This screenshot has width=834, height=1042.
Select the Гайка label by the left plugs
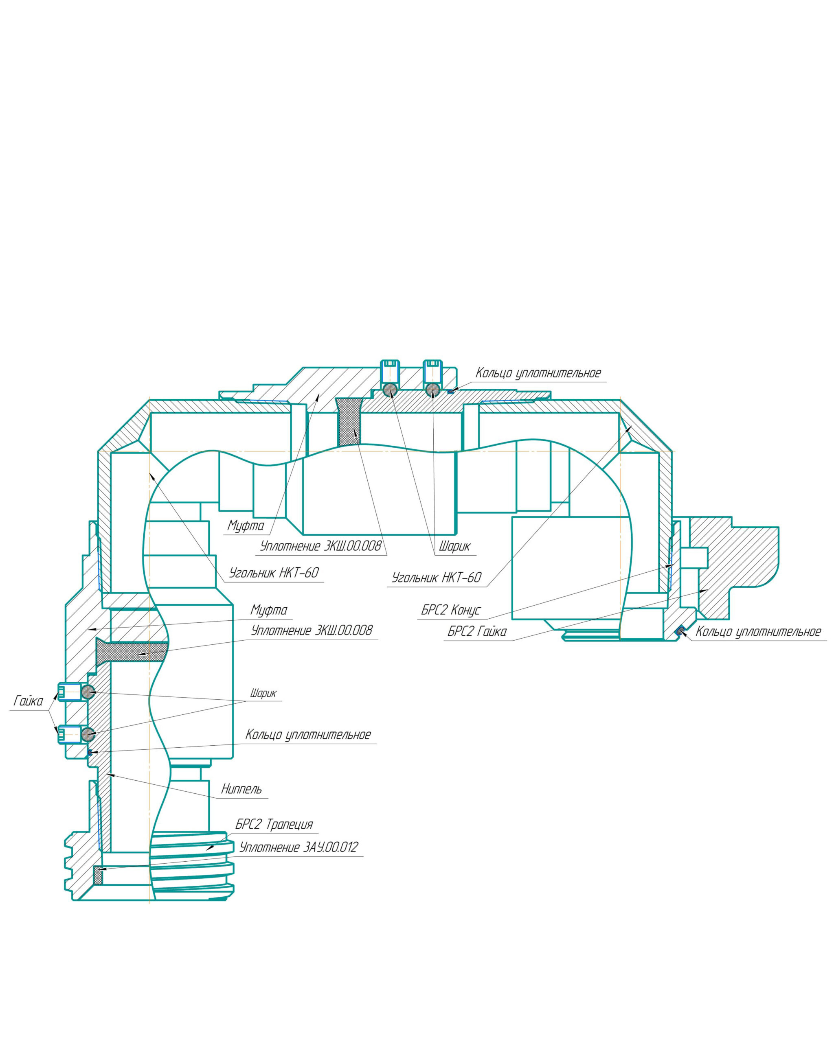(x=29, y=701)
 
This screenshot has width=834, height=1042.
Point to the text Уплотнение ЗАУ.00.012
(x=299, y=847)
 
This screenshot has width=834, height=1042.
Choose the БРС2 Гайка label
(x=477, y=632)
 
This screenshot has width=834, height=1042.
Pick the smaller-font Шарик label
(x=263, y=694)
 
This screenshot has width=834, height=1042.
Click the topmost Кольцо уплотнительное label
(x=538, y=373)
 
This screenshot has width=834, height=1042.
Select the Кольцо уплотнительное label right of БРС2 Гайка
(x=757, y=632)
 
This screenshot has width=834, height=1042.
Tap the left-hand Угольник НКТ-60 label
(x=274, y=573)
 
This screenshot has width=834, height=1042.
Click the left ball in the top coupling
(x=390, y=390)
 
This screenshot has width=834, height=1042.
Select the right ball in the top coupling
(x=433, y=390)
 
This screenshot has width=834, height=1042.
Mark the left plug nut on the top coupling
(x=390, y=370)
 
